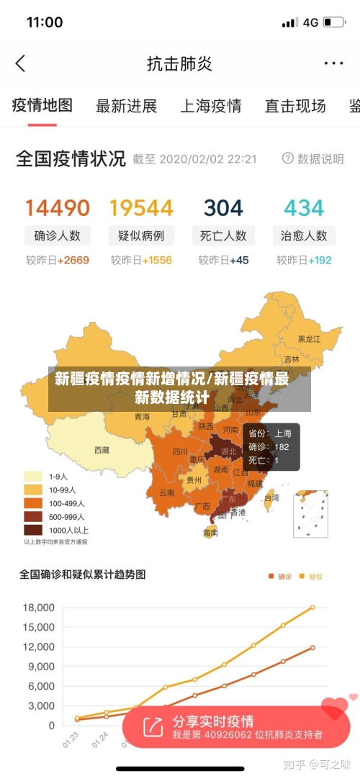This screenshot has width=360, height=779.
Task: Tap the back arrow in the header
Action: [x=20, y=63]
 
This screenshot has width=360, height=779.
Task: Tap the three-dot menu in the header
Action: [x=333, y=63]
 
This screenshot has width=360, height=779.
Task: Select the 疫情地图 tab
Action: [x=42, y=106]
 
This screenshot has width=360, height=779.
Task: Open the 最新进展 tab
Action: [x=126, y=107]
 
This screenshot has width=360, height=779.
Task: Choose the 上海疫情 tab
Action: [x=210, y=107]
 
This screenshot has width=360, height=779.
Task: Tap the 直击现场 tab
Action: [x=294, y=107]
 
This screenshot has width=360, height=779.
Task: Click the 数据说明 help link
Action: [x=313, y=158]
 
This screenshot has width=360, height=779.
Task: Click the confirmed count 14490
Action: [x=58, y=208]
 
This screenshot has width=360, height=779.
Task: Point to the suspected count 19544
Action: [x=141, y=208]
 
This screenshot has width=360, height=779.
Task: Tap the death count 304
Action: [x=223, y=208]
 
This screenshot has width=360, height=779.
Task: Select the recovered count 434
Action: [x=304, y=208]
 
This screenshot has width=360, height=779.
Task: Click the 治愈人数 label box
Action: [x=304, y=235]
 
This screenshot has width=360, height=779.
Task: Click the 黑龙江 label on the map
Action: [x=310, y=338]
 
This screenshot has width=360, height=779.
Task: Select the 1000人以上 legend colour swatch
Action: [x=33, y=529]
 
